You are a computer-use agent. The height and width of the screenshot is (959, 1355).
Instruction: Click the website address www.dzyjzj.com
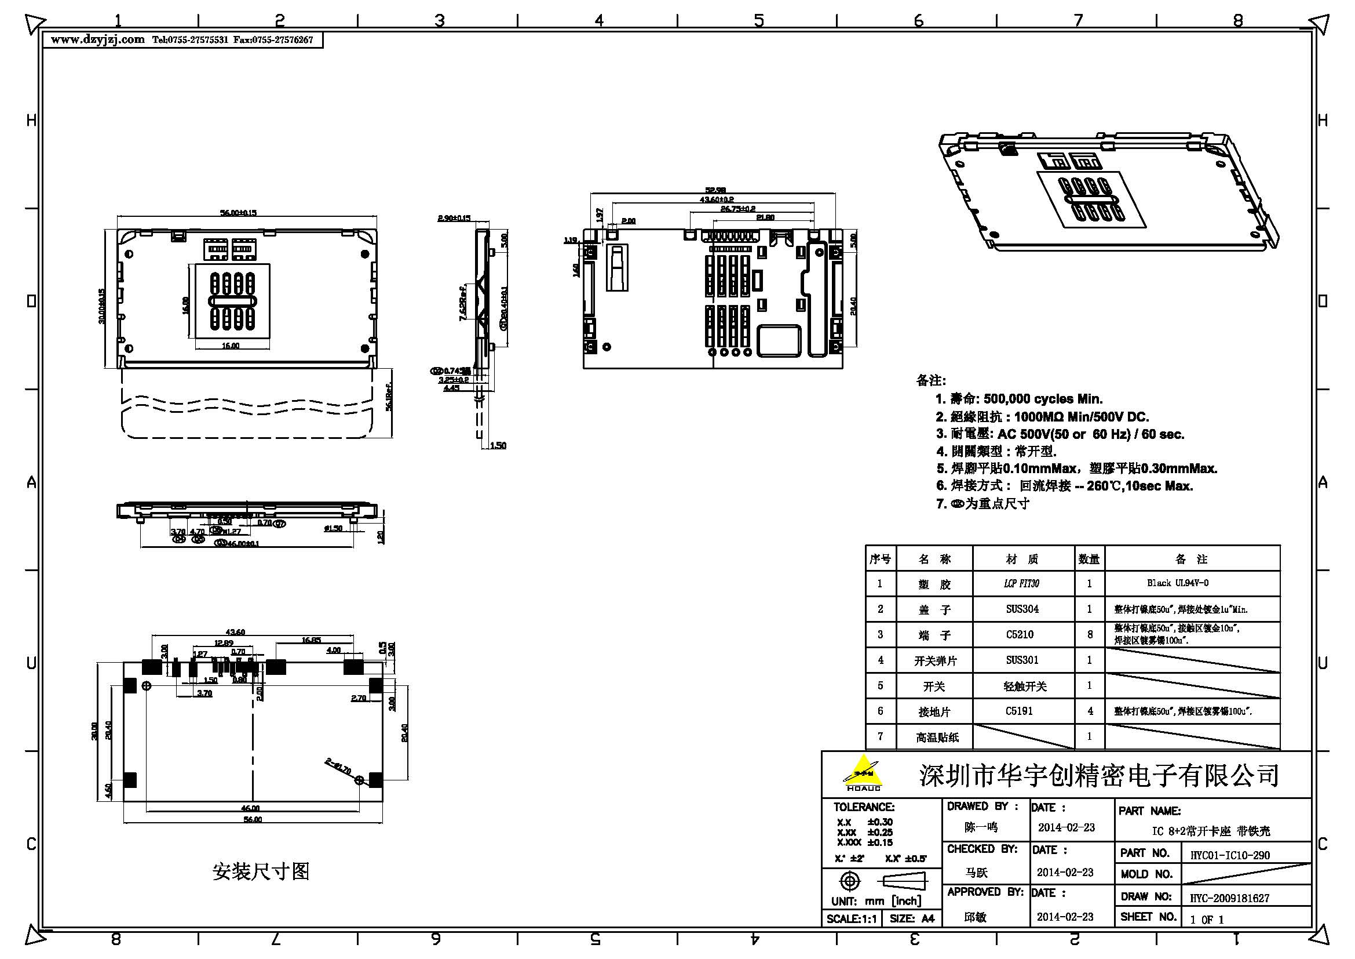click(x=97, y=39)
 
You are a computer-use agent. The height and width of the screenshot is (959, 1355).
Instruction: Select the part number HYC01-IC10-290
click(x=1229, y=855)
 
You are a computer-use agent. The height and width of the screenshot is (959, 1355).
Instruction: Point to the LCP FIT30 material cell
click(x=1021, y=583)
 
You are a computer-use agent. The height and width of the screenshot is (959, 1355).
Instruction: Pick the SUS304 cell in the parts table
click(x=1022, y=609)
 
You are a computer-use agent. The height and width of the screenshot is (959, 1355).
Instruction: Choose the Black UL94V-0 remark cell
click(x=1177, y=583)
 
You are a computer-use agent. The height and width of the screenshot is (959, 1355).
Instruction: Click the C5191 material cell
click(x=1019, y=711)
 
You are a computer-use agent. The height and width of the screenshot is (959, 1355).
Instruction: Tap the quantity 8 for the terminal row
click(x=1090, y=634)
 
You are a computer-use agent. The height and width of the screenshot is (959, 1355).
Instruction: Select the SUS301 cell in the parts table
click(x=1022, y=660)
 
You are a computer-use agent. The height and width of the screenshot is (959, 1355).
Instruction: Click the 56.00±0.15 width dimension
click(x=239, y=212)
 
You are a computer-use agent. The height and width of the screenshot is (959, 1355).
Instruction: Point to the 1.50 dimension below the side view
click(x=498, y=445)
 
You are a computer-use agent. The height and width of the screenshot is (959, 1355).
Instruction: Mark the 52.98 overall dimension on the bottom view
click(x=715, y=190)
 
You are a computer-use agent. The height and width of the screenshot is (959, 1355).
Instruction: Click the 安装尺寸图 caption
click(x=261, y=871)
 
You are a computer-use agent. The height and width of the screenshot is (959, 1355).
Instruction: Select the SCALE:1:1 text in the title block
click(x=851, y=918)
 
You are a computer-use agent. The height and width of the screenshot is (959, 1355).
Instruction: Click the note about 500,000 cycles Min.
click(x=1018, y=398)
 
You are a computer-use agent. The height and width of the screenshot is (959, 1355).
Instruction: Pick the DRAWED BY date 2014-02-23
click(x=1066, y=827)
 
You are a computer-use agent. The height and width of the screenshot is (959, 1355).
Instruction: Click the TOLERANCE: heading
click(x=863, y=807)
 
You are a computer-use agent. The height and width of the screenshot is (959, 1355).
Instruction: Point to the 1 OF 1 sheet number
click(x=1207, y=919)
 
